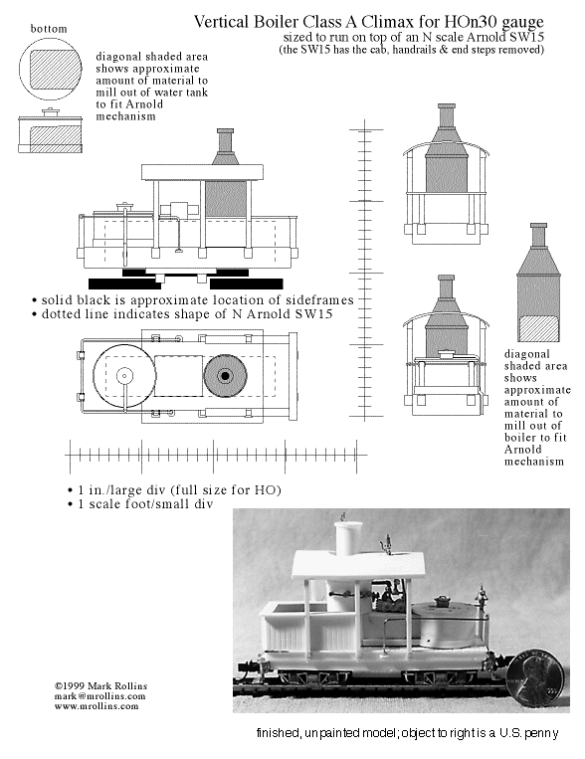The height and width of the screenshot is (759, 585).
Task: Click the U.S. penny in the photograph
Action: pos(534,680)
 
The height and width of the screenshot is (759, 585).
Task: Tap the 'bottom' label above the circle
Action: pos(49,29)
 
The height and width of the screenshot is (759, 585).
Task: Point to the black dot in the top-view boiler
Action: pos(225,375)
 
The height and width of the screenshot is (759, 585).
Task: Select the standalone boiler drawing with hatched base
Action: pos(538,283)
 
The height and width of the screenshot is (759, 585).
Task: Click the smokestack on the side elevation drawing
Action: pos(225,146)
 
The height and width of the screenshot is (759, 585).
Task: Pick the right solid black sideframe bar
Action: pos(246,284)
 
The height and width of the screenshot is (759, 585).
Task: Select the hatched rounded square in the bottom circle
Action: pos(55,70)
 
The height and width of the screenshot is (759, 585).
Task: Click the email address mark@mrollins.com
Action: pos(99,696)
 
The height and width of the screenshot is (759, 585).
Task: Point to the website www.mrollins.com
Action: pos(97,705)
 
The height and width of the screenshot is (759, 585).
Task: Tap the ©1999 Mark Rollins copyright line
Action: pos(100,686)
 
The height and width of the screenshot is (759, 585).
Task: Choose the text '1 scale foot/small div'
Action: pos(145,504)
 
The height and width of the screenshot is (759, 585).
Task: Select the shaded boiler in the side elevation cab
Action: pos(226,199)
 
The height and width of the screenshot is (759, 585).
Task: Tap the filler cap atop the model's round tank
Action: pos(442,600)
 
